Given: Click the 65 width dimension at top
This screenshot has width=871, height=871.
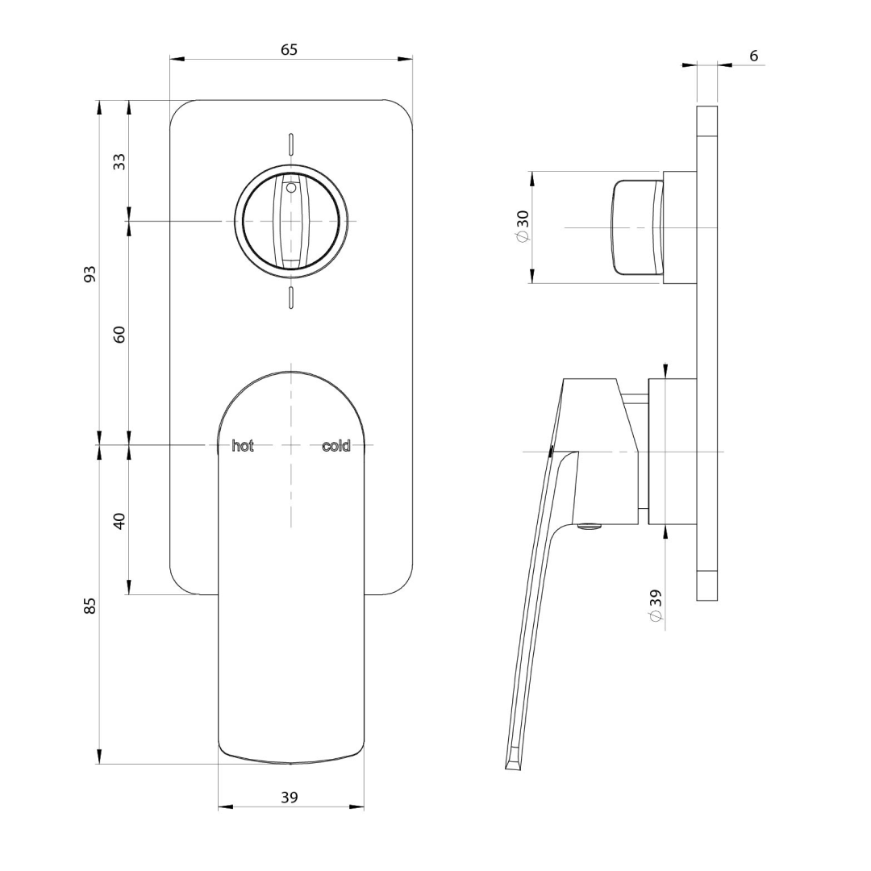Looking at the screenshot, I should pos(289,50).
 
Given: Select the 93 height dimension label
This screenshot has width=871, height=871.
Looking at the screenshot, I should pos(90,273).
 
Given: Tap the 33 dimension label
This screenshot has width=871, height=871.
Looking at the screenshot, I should pos(119,160).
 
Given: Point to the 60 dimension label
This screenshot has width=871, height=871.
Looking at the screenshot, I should pos(119,334).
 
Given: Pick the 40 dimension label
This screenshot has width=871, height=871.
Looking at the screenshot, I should pos(119,520).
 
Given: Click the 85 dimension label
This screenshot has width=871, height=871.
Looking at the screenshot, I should pos(90,605).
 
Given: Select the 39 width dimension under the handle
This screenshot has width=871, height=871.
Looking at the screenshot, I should pos(289,797).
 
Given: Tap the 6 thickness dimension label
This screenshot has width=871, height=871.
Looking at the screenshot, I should pos(753,56).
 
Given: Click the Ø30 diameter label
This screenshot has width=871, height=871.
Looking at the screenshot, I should pos(523,227).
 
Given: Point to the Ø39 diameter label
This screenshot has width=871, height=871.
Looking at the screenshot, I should pos(655,605).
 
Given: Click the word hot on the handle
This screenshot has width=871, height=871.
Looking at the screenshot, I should pos(243,446).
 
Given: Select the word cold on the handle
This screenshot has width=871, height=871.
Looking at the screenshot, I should pos(336,446).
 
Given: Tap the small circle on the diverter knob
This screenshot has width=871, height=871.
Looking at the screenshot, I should pos(291,187).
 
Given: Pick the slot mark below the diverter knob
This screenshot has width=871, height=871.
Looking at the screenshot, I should pos(290,298).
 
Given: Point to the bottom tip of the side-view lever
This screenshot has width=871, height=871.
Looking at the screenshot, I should pos(513,762).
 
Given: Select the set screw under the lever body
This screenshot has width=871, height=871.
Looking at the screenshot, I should pos(590,527).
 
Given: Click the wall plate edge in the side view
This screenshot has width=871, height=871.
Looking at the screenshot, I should pos(706,353).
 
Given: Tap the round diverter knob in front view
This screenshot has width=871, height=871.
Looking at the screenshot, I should pos(292,221).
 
